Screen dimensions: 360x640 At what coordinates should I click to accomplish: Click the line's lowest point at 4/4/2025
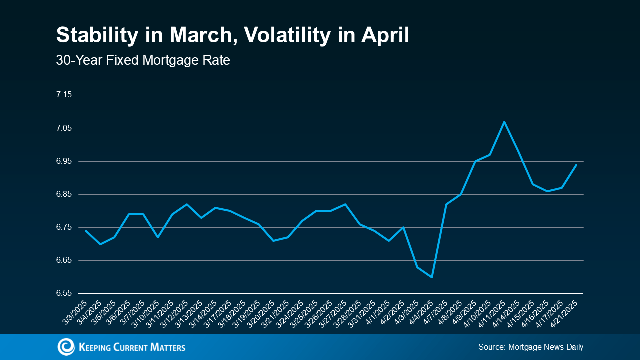tap(432, 277)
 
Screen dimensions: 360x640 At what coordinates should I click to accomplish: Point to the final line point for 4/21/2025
tap(577, 164)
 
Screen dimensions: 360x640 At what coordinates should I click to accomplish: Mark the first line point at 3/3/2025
tap(86, 231)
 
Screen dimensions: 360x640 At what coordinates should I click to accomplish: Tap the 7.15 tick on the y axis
tap(64, 95)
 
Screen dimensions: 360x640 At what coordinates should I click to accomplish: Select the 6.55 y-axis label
tap(64, 293)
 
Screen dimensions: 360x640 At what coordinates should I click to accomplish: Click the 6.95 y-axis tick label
tap(64, 161)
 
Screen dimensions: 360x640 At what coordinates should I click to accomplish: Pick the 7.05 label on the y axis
tap(64, 128)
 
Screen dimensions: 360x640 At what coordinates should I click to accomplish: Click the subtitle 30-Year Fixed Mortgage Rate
tap(143, 61)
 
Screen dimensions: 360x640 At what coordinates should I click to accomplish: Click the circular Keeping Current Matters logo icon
tap(66, 347)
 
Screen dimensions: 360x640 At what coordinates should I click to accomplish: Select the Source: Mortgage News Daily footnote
tap(531, 347)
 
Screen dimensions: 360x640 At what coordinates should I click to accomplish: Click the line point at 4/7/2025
tap(446, 204)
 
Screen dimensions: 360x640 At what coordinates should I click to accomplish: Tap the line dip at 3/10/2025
tap(158, 237)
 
